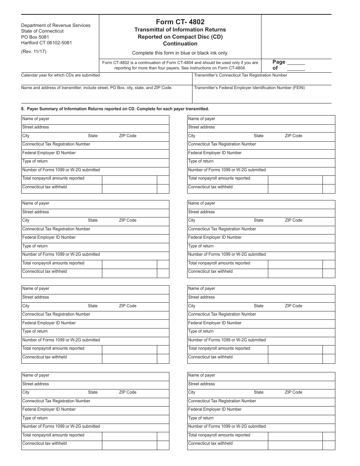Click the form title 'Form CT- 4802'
(180, 22)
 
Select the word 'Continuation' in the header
(180, 44)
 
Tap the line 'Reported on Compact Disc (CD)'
(180, 37)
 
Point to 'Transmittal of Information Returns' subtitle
(180, 30)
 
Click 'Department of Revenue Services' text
(56, 25)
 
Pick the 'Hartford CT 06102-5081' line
(46, 43)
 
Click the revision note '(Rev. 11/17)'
(34, 52)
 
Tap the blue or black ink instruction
(180, 53)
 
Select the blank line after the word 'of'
(296, 70)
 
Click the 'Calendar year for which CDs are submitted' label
(61, 75)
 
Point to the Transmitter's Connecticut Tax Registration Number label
(240, 75)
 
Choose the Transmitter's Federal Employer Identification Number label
(249, 88)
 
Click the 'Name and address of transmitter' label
(97, 88)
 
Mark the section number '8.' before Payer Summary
(23, 109)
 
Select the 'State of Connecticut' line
(42, 31)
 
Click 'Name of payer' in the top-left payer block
(36, 119)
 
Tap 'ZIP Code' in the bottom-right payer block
(293, 393)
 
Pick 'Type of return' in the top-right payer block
(200, 161)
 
